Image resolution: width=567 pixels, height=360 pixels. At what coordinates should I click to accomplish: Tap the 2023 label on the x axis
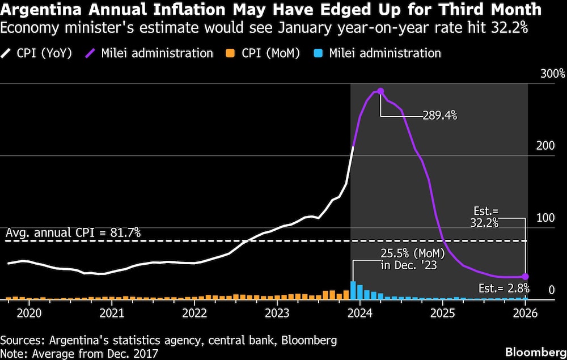tap(278, 312)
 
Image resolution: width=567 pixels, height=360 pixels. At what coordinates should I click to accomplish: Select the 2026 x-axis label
tap(526, 312)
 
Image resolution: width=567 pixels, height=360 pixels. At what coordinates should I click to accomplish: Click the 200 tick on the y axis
tap(545, 146)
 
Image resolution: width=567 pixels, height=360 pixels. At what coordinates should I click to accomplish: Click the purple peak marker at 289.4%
tap(380, 91)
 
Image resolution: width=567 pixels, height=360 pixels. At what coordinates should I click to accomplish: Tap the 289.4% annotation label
tap(439, 116)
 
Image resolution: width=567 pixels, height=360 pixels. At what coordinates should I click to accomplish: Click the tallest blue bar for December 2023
tap(353, 290)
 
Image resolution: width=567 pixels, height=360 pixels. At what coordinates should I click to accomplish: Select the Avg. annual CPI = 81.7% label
tap(73, 232)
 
